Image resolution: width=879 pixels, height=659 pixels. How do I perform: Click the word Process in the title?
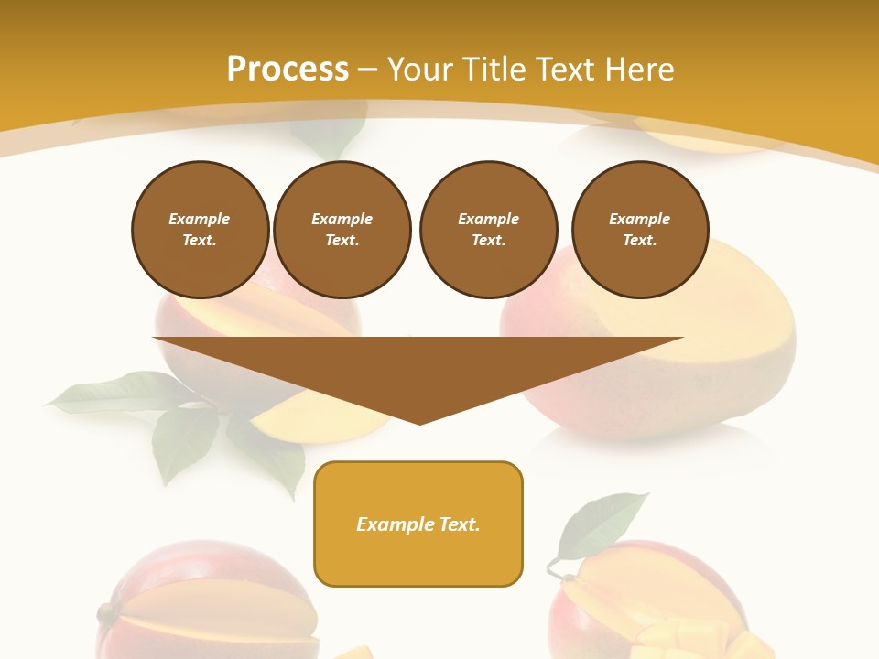(x=288, y=70)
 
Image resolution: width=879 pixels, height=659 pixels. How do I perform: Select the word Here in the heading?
(x=638, y=70)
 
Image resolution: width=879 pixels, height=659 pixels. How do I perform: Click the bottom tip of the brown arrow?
(x=419, y=421)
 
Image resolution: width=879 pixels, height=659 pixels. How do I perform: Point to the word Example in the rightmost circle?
(x=639, y=219)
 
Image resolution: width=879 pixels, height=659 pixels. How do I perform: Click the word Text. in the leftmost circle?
(x=200, y=240)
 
